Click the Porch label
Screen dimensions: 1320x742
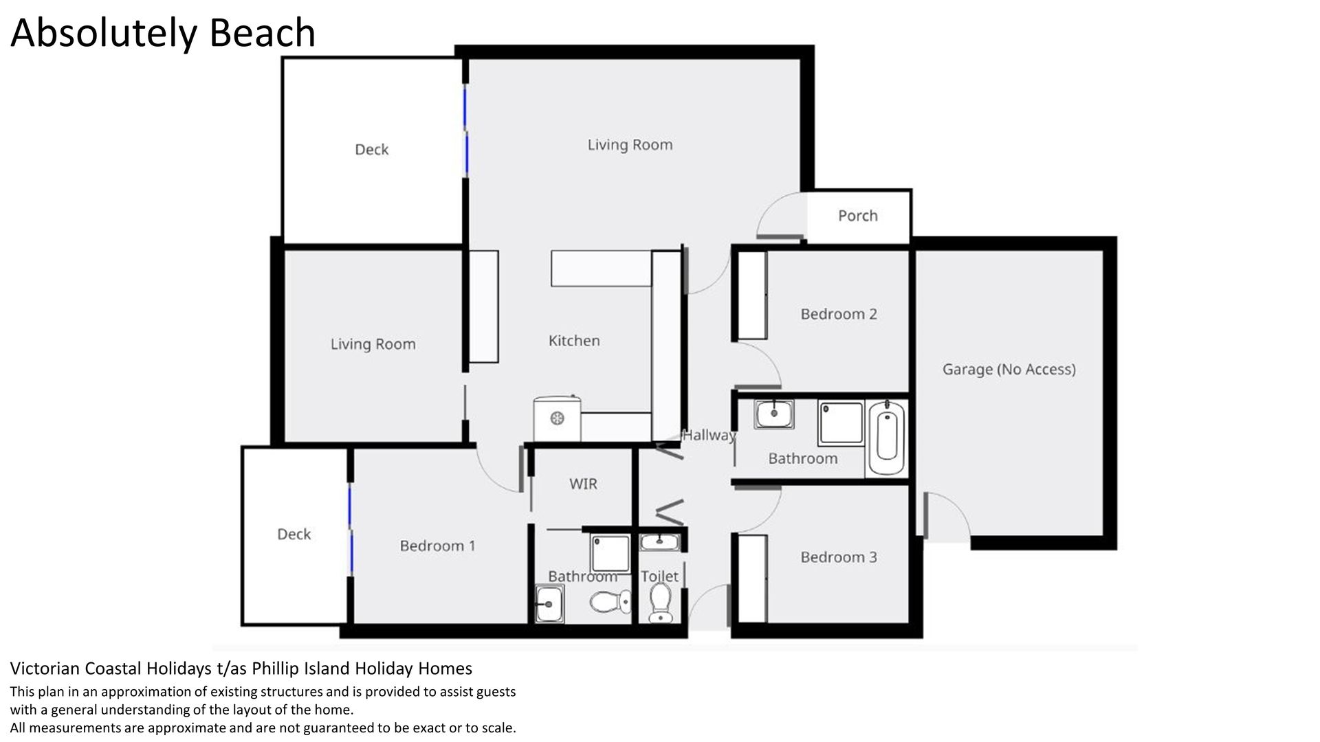[857, 216]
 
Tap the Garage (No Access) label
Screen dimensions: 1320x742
[1009, 370]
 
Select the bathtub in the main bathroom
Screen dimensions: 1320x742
[886, 438]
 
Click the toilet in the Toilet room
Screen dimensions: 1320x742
[661, 603]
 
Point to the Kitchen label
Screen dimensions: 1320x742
[574, 341]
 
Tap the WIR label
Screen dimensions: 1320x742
[583, 484]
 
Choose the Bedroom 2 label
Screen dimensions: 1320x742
[839, 314]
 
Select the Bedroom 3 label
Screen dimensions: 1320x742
[839, 557]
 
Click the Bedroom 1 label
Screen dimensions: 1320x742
[437, 546]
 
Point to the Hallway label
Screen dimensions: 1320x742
[709, 435]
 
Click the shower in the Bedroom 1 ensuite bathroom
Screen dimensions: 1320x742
[610, 553]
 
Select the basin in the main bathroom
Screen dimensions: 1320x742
[774, 414]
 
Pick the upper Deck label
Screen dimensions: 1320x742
[371, 150]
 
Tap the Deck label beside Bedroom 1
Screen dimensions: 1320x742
[294, 535]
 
